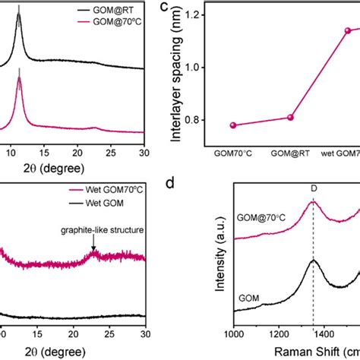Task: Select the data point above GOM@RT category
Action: tap(289, 117)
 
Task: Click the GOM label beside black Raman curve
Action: tap(248, 302)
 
